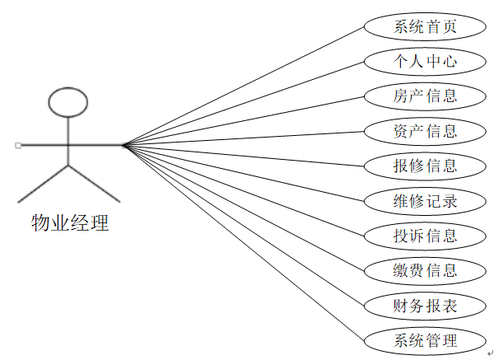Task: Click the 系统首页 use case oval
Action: (x=424, y=26)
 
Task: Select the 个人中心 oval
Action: (x=424, y=61)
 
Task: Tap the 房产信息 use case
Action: (x=424, y=96)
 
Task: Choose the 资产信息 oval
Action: (x=424, y=130)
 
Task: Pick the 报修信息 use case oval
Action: (x=424, y=165)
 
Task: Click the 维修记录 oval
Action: (x=424, y=200)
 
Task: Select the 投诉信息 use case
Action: (x=424, y=236)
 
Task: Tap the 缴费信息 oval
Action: (x=424, y=270)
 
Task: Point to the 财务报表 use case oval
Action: (x=424, y=306)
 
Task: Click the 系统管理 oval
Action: (x=424, y=340)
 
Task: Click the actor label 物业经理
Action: (x=69, y=223)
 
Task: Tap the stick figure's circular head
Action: (x=68, y=101)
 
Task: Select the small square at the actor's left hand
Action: (x=18, y=145)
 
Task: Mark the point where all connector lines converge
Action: (x=123, y=146)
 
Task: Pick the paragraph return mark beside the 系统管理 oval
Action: (x=489, y=353)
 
